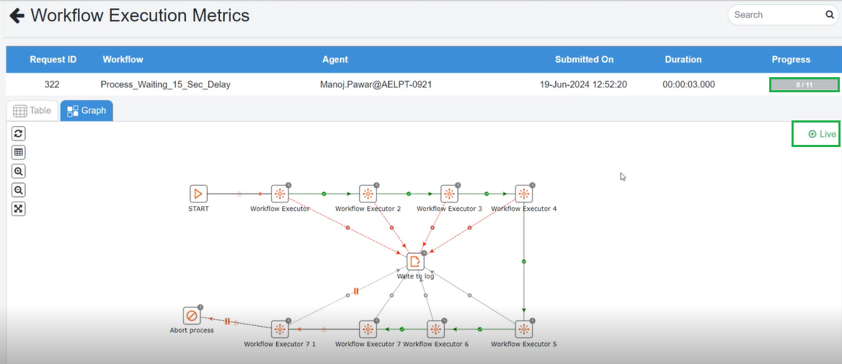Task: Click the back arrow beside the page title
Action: [x=16, y=15]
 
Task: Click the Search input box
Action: [x=775, y=14]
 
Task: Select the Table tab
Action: [x=32, y=110]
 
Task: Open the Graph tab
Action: [x=87, y=110]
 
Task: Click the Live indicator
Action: [x=822, y=134]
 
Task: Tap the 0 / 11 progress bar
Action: [x=804, y=84]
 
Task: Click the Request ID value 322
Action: [x=52, y=84]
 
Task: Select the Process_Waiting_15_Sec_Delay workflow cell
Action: [x=165, y=84]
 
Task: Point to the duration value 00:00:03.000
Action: [x=688, y=84]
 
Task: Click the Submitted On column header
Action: [x=584, y=60]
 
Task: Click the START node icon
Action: [x=198, y=194]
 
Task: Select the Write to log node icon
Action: [x=415, y=262]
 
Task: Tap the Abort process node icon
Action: [x=192, y=316]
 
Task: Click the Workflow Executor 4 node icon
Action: [x=524, y=194]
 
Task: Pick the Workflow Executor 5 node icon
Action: [x=524, y=329]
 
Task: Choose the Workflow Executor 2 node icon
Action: [x=368, y=194]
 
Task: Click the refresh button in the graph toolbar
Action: [x=19, y=133]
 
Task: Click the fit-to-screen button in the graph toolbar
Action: [x=19, y=208]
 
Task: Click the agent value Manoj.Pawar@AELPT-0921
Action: [x=376, y=84]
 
